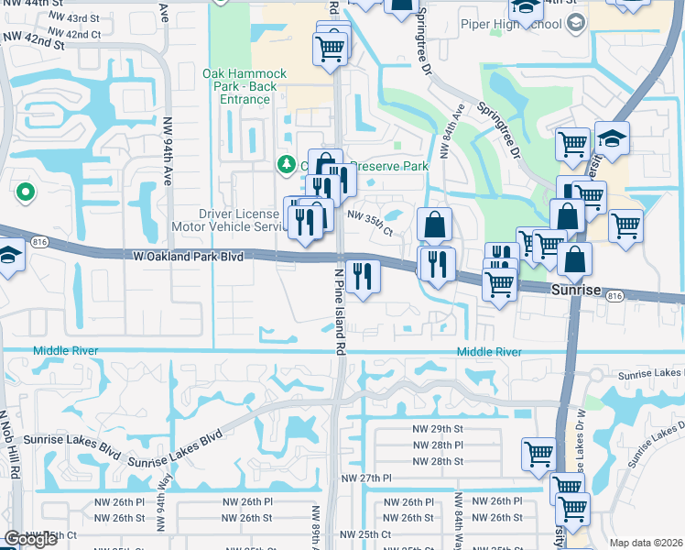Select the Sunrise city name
[x=575, y=290]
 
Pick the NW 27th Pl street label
[x=366, y=478]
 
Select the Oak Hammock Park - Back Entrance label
[x=245, y=86]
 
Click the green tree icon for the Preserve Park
[x=287, y=164]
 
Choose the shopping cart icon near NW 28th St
[x=538, y=453]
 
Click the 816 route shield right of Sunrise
[x=614, y=295]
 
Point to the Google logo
[x=30, y=540]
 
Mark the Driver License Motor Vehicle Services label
[x=231, y=219]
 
